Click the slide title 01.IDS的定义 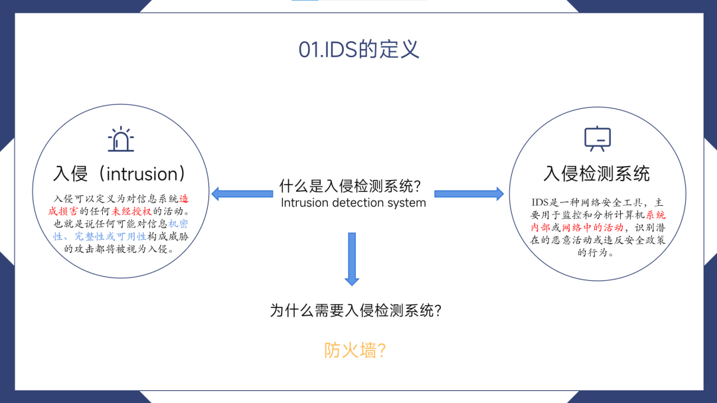click(x=358, y=50)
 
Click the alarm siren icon click(x=121, y=139)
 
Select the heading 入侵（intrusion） click(x=120, y=174)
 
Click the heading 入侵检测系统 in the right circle click(x=596, y=174)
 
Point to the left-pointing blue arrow click(x=242, y=194)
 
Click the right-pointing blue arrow click(x=469, y=194)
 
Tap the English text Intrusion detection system click(x=353, y=203)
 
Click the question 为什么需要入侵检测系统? click(x=356, y=311)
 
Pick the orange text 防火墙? click(x=355, y=351)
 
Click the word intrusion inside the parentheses click(x=143, y=175)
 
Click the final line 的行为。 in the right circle click(x=596, y=253)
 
